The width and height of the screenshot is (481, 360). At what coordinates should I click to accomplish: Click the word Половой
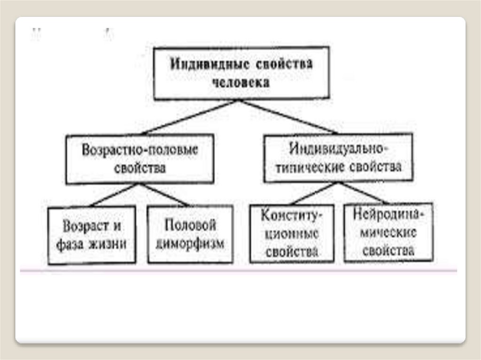[x=190, y=225]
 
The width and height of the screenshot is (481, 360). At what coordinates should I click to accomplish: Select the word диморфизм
[x=190, y=244]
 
